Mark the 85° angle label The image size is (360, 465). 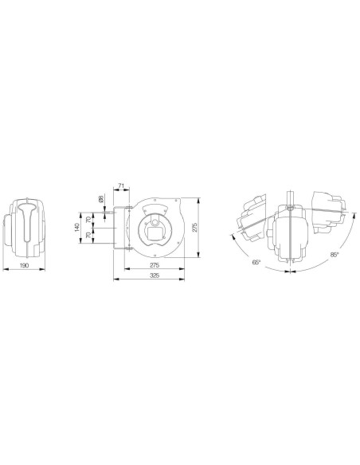point(334,255)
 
